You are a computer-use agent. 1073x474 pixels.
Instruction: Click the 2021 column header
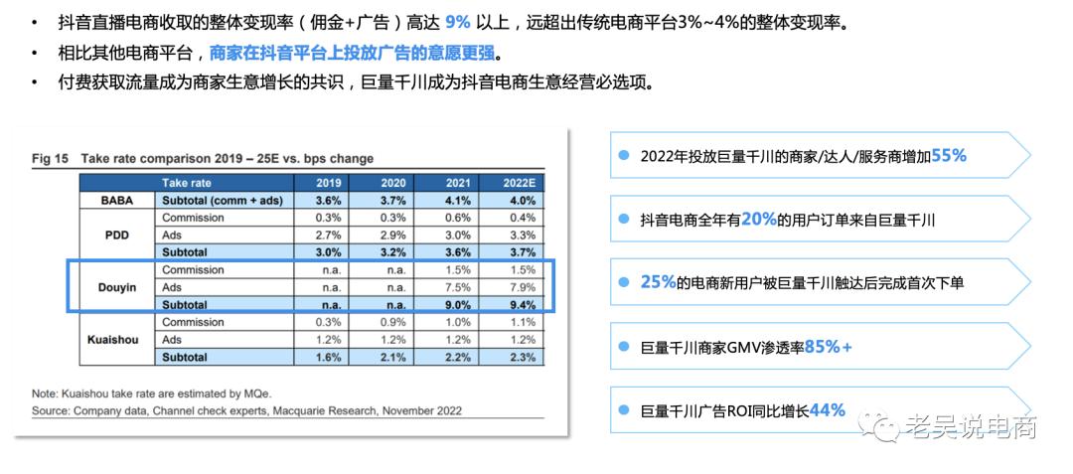457,183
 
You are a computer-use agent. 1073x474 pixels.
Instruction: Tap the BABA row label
117,200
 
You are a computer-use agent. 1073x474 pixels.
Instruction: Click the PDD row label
117,235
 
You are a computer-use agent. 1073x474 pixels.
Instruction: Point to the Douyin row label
117,287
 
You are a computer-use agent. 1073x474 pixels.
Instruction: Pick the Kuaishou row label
117,339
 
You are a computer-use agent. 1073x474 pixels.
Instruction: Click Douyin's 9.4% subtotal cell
521,305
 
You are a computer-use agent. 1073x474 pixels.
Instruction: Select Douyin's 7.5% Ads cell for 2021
457,287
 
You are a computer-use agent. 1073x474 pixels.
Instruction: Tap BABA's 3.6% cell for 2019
328,200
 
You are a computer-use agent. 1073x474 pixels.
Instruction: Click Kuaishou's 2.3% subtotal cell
521,357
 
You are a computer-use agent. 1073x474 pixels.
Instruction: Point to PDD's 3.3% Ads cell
521,235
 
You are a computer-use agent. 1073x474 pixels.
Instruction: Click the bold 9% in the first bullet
457,21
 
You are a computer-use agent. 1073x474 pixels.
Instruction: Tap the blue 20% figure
758,220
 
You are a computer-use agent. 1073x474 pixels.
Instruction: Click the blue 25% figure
658,282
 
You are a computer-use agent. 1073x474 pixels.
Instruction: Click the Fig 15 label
50,158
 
